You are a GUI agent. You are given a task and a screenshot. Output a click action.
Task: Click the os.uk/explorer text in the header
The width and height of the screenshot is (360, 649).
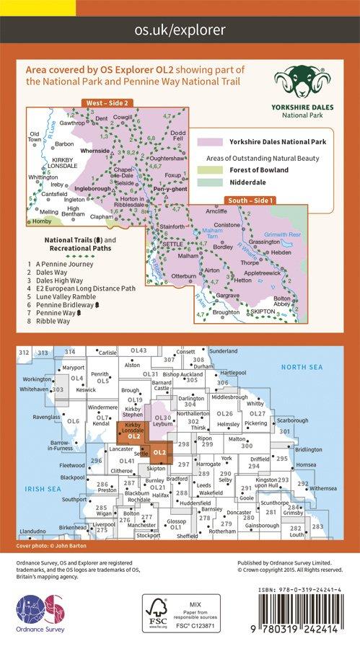(180, 30)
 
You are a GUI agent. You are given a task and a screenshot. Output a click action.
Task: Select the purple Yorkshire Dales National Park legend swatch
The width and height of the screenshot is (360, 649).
(209, 142)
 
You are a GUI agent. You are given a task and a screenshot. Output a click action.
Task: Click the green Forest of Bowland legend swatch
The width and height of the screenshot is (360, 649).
(209, 170)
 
